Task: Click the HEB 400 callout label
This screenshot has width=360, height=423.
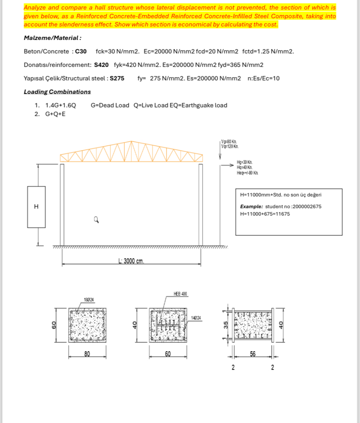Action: point(180,294)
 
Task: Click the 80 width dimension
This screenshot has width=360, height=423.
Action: point(87,354)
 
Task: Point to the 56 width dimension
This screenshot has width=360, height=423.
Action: point(253,354)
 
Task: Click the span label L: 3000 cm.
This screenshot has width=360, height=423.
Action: point(131,261)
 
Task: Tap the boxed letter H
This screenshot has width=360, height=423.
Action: point(37,207)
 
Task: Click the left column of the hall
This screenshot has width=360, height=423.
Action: point(63,204)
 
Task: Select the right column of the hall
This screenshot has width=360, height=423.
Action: point(201,204)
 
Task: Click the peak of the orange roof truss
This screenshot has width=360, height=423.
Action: point(131,142)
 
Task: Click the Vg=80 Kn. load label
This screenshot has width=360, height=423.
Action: point(229,142)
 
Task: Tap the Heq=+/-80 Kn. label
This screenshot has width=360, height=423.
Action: point(247,173)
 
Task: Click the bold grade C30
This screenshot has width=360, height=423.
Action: point(81,51)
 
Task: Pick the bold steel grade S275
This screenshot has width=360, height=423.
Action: point(117,78)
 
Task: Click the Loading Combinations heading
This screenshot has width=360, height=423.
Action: point(57,92)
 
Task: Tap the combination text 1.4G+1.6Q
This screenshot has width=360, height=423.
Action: point(60,105)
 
